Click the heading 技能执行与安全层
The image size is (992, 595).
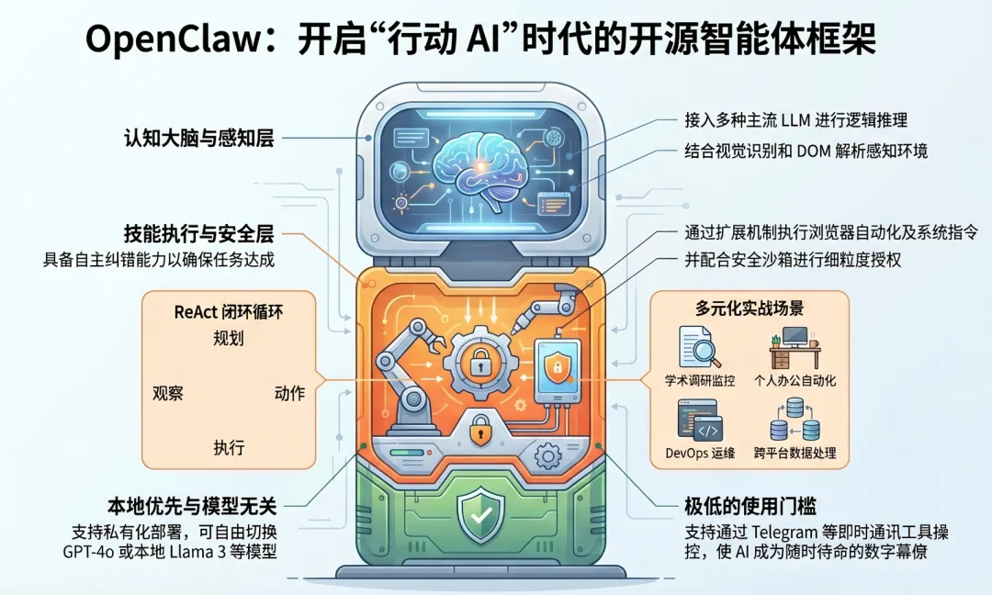(x=199, y=232)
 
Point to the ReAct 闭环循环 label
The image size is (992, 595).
(x=229, y=311)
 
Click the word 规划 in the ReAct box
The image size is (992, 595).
(x=229, y=339)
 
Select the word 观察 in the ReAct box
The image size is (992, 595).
(x=167, y=393)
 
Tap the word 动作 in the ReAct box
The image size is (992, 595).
(x=289, y=393)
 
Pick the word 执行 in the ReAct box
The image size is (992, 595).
(x=229, y=448)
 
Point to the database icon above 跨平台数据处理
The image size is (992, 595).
(x=796, y=423)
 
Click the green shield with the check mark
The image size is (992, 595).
(x=481, y=514)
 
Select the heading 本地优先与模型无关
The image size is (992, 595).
(x=191, y=506)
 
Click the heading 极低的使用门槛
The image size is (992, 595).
(x=751, y=506)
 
